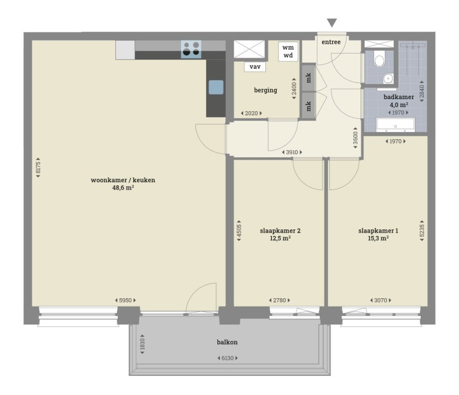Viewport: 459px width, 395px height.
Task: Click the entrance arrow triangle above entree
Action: (332, 23)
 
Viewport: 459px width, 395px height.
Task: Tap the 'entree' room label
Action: (331, 42)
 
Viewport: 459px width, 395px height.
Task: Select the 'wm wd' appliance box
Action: (288, 51)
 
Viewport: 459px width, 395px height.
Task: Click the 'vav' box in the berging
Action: (255, 67)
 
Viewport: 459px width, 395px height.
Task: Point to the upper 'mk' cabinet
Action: (308, 78)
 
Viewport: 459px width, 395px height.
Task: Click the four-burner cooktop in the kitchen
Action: (191, 48)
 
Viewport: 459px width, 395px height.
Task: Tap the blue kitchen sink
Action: (216, 88)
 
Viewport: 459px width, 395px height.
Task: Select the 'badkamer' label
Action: (399, 96)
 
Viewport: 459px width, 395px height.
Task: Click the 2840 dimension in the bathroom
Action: (421, 91)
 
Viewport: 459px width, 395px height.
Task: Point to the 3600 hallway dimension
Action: (356, 139)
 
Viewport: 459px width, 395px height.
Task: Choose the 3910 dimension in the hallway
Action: (292, 152)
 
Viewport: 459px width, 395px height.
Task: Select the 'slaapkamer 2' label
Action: (276, 230)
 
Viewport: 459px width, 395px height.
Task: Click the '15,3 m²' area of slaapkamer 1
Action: (378, 238)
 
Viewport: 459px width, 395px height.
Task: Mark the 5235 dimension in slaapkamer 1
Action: (421, 227)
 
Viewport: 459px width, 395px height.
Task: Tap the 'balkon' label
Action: (227, 343)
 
